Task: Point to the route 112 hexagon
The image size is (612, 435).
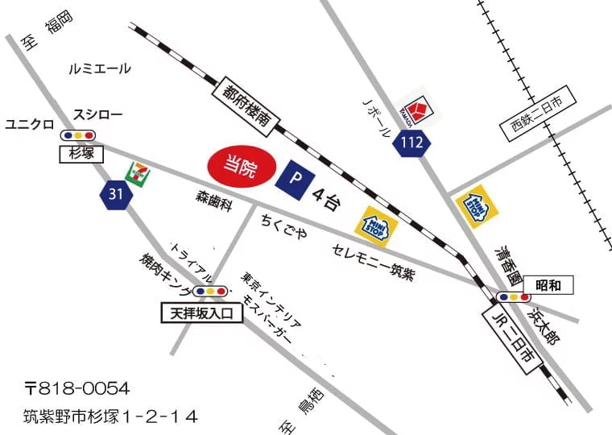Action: [x=412, y=143]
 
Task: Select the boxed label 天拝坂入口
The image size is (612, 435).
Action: [x=201, y=313]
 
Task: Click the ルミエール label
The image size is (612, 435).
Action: [x=101, y=69]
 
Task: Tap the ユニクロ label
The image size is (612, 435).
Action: [x=29, y=124]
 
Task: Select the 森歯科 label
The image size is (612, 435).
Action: [x=213, y=201]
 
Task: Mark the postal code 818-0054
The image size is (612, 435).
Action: [x=76, y=389]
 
